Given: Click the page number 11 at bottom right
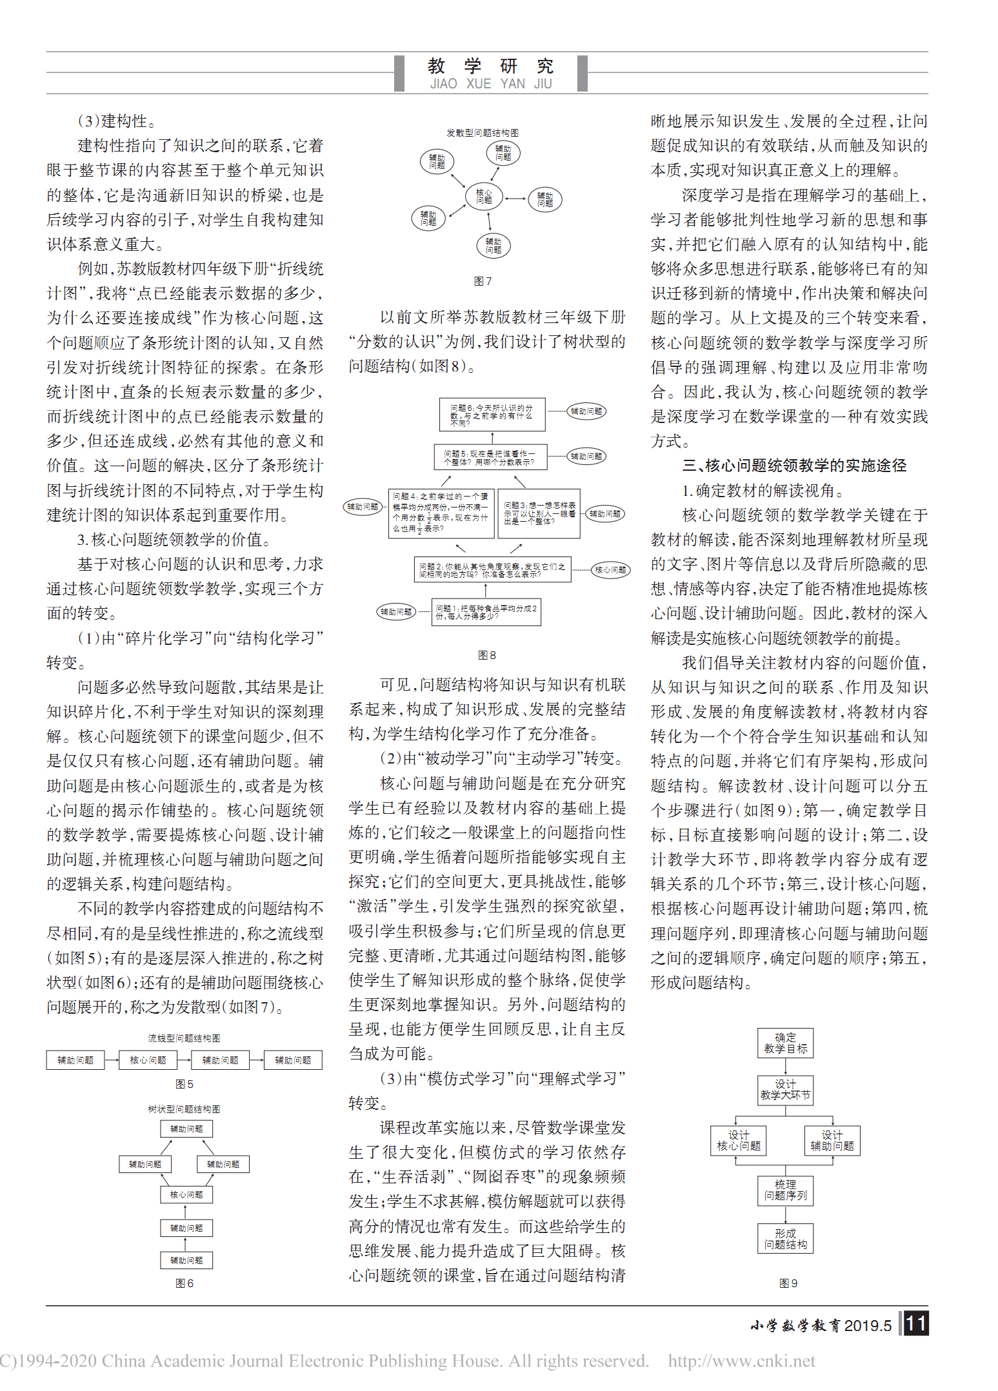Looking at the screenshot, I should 916,1324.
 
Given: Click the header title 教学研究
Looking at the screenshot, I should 490,66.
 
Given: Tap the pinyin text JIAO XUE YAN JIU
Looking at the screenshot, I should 490,84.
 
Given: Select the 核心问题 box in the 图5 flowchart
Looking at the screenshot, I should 148,1060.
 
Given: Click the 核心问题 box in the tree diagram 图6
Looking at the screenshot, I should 186,1194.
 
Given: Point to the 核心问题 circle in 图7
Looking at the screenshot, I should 484,196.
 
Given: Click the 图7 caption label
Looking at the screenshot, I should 483,281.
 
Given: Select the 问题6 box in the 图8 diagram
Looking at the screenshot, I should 492,415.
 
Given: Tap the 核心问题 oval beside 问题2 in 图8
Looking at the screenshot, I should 610,569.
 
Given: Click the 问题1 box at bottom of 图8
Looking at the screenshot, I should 486,612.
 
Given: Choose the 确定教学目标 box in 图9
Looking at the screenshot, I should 785,1043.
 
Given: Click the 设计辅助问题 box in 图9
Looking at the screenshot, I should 832,1140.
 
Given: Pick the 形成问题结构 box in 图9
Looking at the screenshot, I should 785,1239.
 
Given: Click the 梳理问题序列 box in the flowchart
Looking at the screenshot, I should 785,1190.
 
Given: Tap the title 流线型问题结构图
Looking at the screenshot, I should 184,1038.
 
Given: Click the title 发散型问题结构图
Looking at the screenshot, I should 483,133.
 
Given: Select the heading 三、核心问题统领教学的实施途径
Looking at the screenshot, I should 794,466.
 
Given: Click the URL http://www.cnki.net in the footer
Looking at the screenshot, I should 741,1361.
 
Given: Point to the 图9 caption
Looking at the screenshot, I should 788,1283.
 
